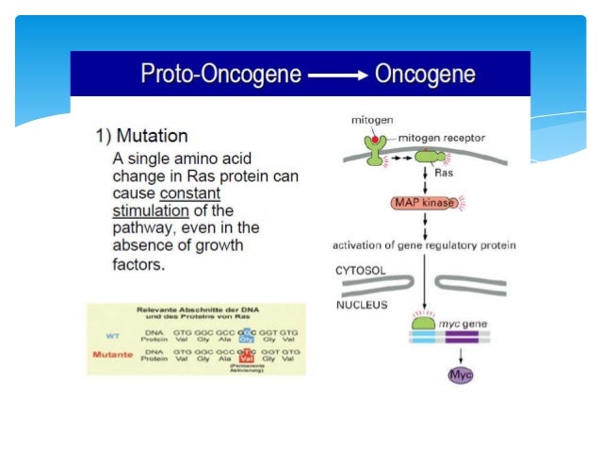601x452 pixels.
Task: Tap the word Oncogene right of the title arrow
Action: point(425,75)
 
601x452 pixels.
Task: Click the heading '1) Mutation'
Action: point(140,136)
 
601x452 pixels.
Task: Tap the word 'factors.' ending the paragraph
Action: point(138,264)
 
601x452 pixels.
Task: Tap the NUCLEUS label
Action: point(362,305)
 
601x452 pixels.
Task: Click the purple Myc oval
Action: point(460,375)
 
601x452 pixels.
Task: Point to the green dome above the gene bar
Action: point(426,323)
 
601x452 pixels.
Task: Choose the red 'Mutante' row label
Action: point(111,356)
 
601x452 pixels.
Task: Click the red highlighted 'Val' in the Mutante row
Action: point(248,360)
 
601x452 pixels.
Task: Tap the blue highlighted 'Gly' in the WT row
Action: point(247,339)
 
